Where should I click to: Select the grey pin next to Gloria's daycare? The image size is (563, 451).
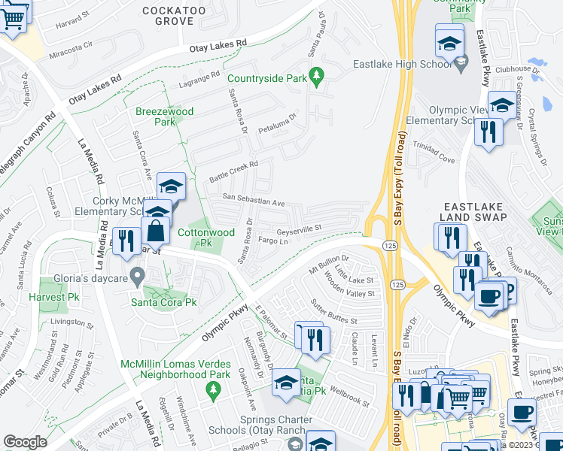coord(136,277)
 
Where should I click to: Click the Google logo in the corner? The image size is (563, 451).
coord(26,442)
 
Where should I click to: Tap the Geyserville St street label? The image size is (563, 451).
coord(299,228)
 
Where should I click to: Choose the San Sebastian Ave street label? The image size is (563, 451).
coord(253,201)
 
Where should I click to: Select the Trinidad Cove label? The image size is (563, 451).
coord(433,159)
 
